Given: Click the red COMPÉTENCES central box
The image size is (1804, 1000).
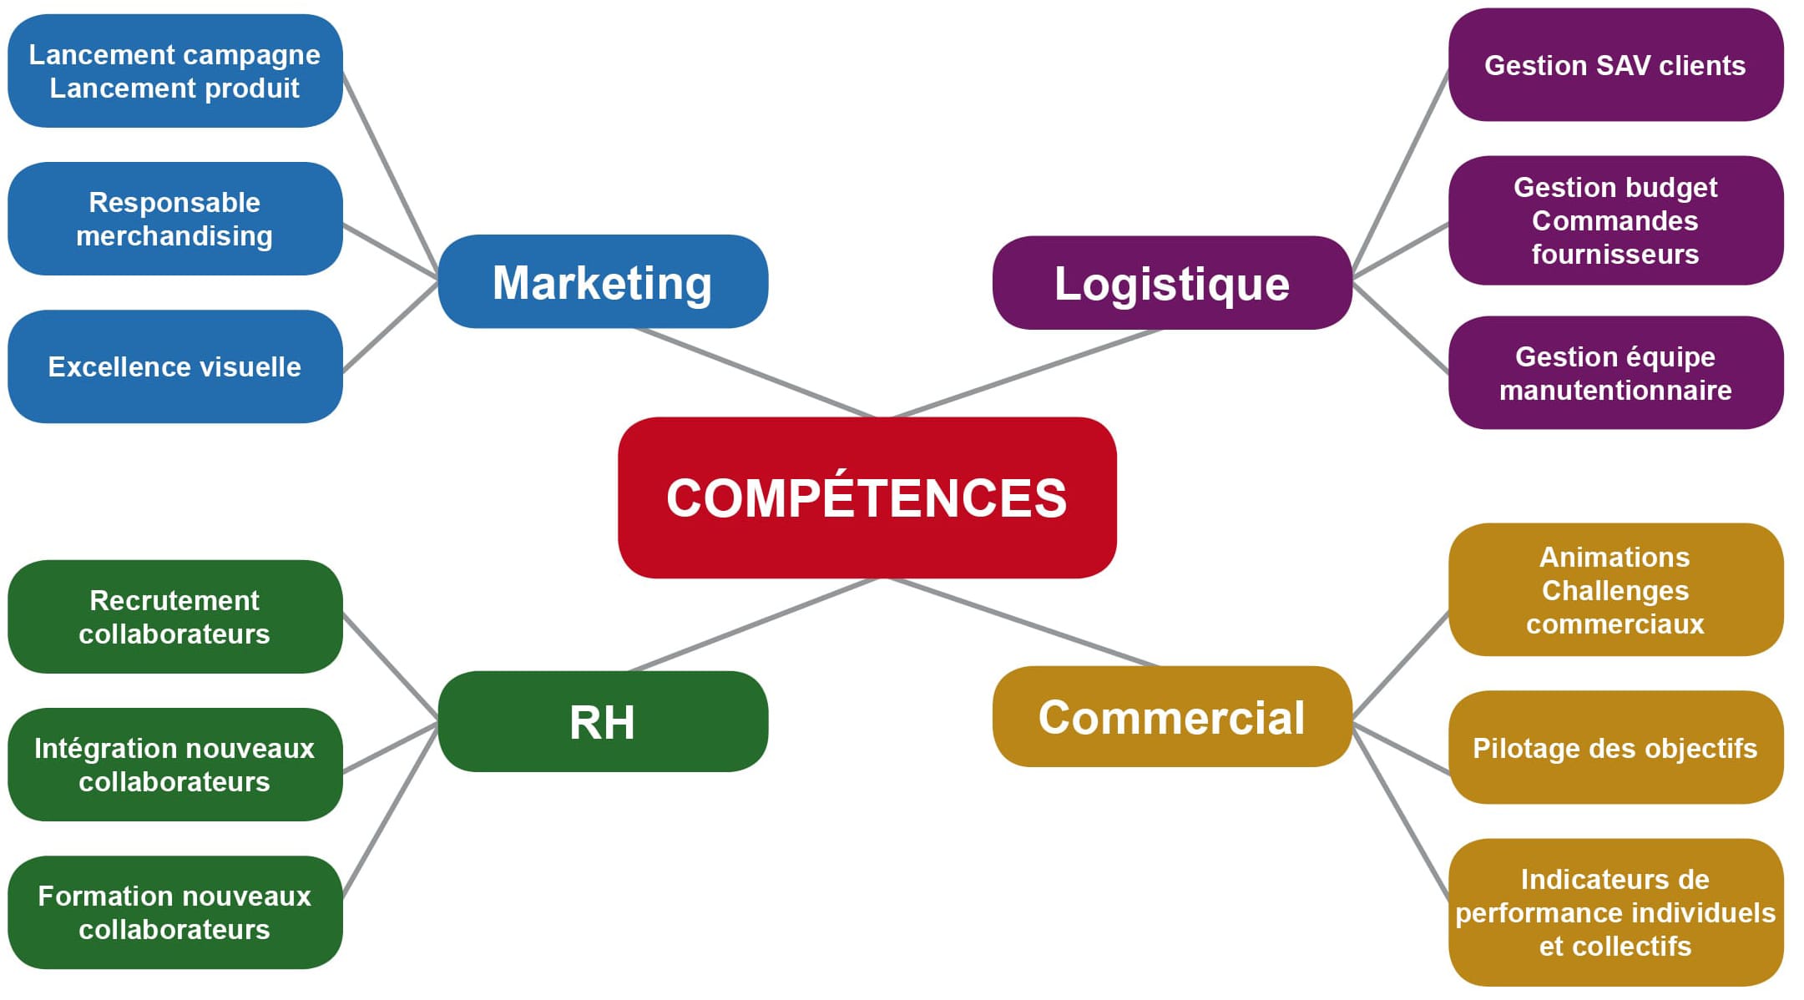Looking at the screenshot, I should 867,497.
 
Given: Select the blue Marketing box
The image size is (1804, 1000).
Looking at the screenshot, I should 602,282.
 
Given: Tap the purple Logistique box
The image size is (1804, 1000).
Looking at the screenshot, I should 1171,284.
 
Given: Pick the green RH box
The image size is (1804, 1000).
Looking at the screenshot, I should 602,722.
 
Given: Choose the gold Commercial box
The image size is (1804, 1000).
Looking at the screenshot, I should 1171,717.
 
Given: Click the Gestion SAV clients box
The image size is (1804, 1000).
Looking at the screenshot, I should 1615,65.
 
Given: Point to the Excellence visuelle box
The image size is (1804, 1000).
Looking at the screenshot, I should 174,366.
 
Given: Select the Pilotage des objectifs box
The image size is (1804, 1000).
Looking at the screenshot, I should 1615,748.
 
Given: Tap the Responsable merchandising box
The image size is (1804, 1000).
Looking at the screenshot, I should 174,219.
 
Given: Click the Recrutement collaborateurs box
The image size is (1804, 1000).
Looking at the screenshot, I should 174,617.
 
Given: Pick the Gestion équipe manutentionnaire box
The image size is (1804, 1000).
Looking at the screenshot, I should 1615,373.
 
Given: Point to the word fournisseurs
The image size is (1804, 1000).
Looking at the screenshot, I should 1615,255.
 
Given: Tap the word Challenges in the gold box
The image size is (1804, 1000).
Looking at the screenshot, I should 1615,591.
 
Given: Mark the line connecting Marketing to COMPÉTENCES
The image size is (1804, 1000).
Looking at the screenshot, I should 755,373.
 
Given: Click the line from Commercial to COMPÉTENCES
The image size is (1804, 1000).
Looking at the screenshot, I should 1023,623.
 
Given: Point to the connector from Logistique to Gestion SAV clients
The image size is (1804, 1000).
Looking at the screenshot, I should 1401,171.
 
